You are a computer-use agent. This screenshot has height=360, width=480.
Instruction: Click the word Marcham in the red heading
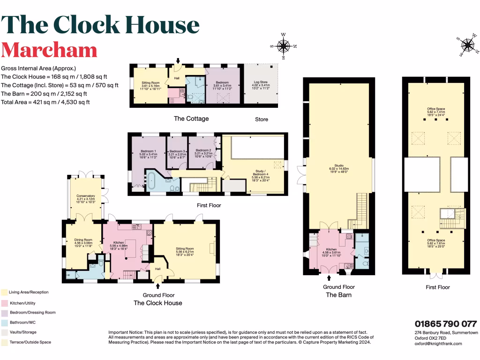[49, 50]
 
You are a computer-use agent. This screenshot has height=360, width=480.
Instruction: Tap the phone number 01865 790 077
[445, 324]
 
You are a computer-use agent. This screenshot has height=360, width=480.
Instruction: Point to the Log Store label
[261, 82]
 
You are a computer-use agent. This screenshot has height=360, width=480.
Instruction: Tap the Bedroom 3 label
[178, 151]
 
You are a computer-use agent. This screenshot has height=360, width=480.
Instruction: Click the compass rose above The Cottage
[283, 46]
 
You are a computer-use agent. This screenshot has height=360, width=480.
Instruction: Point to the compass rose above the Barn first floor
[467, 45]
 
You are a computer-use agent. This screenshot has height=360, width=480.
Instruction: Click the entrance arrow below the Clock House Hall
[158, 285]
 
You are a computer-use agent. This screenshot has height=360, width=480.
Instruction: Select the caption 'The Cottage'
[191, 119]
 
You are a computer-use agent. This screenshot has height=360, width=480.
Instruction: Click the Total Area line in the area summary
[45, 102]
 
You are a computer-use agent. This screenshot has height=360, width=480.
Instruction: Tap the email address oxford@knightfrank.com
[438, 344]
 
